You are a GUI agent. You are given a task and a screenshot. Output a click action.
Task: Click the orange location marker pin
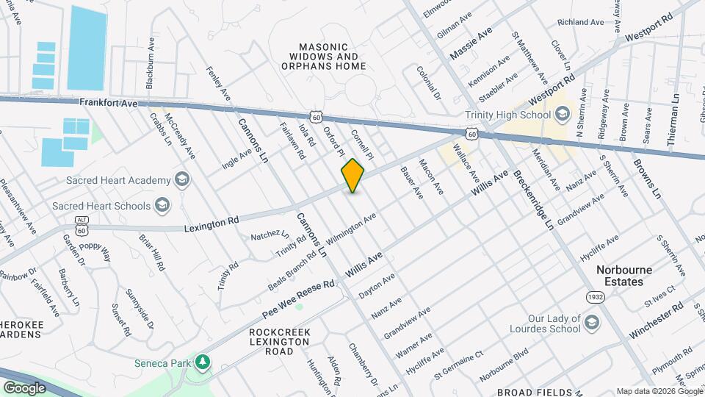pos(353,176)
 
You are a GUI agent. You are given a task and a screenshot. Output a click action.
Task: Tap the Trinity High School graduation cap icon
pos(563,114)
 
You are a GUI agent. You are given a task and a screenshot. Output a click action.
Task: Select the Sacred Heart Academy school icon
pos(181,179)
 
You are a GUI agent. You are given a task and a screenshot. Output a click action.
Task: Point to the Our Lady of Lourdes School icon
pos(591,322)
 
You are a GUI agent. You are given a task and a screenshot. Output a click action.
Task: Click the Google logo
pos(24,387)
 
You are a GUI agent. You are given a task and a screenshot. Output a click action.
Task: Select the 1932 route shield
pos(595,296)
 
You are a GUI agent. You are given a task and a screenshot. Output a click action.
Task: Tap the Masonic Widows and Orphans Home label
pos(323,56)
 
